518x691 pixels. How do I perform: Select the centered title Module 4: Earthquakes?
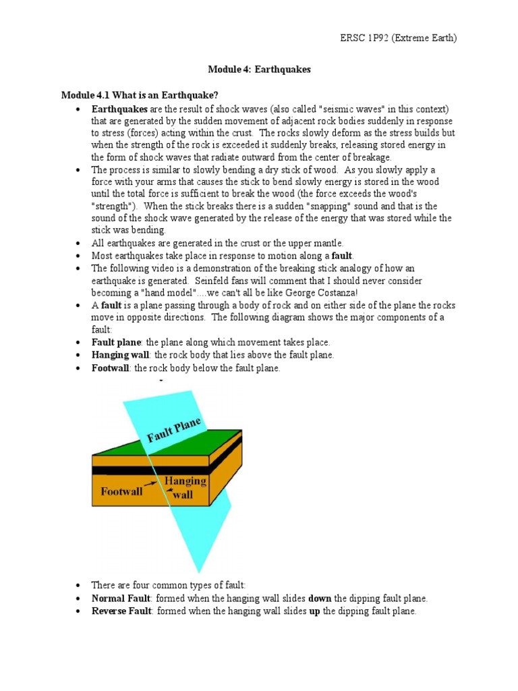tap(258, 70)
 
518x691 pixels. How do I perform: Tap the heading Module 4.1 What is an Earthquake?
tap(140, 94)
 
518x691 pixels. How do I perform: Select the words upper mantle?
tap(318, 242)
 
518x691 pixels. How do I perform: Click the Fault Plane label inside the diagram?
tap(175, 429)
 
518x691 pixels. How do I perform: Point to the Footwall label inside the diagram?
tap(121, 491)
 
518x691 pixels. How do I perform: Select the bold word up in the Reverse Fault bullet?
tap(314, 611)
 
